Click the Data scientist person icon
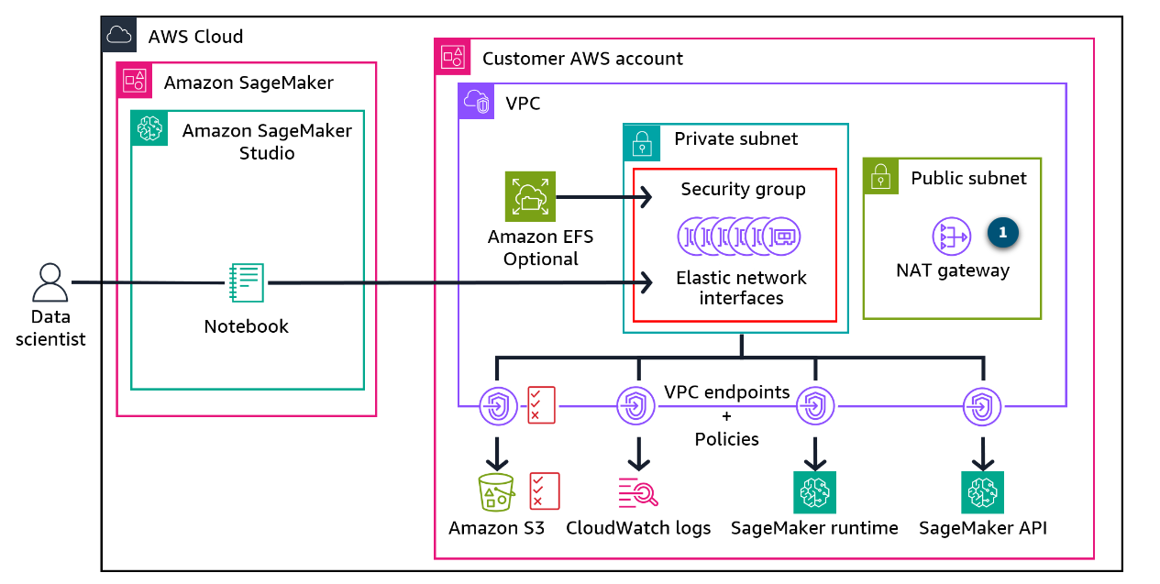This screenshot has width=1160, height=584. tap(50, 283)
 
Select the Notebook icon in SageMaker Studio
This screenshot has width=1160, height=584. tap(247, 283)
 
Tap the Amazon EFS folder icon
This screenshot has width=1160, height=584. tap(530, 196)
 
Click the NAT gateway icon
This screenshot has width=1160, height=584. tap(951, 237)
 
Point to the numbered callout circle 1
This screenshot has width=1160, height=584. tap(1002, 233)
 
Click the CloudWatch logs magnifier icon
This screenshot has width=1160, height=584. tap(638, 492)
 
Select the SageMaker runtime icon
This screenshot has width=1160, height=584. tap(814, 492)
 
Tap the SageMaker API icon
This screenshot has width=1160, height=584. tap(983, 492)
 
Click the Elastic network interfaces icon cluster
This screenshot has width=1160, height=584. tap(739, 236)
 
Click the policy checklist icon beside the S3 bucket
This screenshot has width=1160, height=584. tap(545, 490)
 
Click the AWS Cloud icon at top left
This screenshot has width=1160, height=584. tap(118, 36)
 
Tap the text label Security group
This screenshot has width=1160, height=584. tap(743, 190)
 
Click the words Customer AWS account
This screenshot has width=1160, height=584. tap(582, 59)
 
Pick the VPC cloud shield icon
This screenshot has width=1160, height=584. tap(476, 102)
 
